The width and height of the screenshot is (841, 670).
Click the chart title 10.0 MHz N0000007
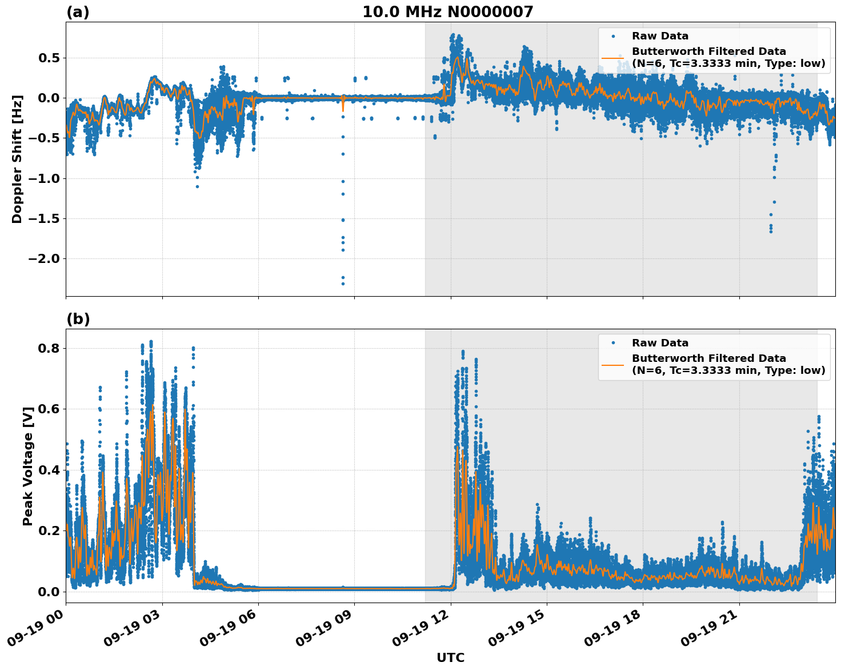pos(447,12)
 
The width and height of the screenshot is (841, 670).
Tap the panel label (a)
pos(78,12)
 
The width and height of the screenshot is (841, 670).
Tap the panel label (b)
pos(78,319)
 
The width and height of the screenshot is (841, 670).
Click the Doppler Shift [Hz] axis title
pos(17,159)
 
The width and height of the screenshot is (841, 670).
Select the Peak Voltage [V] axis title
pos(28,466)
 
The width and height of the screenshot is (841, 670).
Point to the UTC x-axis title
pos(450,658)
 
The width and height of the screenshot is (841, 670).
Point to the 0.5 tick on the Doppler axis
pos(50,58)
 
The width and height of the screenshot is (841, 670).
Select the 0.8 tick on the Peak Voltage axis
pos(50,349)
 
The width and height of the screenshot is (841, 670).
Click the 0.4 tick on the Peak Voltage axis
pos(50,470)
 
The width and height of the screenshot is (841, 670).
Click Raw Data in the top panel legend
pos(660,36)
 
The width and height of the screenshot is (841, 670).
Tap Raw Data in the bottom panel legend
pos(660,343)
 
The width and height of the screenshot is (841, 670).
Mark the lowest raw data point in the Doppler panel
pos(343,284)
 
